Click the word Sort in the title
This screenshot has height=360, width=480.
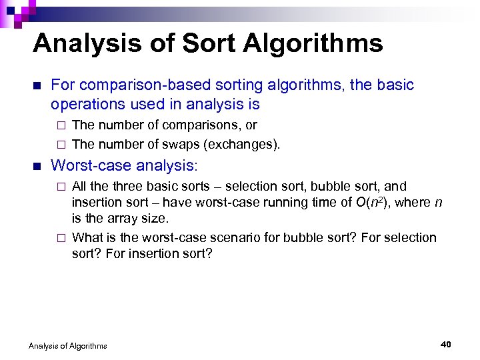pos(204,44)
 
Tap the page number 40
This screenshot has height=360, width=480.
pos(446,344)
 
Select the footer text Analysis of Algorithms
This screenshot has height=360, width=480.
pos(68,345)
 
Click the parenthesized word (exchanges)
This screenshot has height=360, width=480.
pos(247,144)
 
